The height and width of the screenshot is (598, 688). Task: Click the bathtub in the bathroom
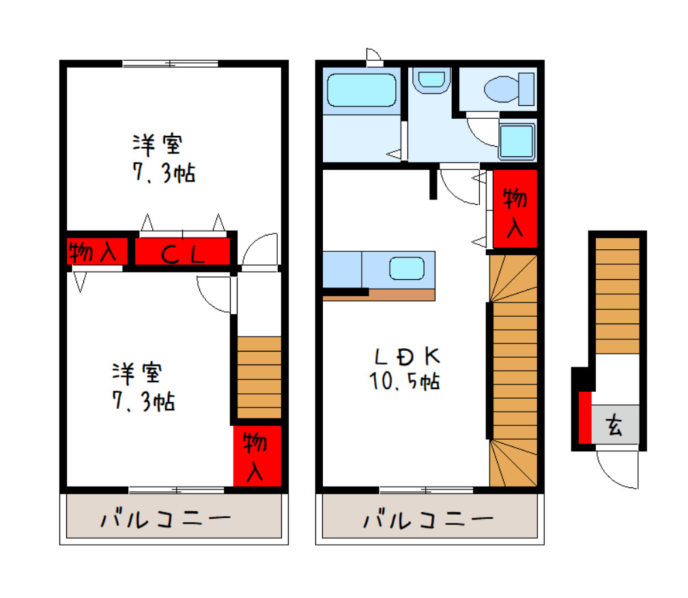tap(362, 90)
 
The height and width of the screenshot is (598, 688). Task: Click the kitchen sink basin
tap(407, 268)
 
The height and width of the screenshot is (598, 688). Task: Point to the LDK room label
tap(407, 356)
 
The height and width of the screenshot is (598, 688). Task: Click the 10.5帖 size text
tap(405, 381)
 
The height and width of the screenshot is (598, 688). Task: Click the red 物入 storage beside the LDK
tap(515, 208)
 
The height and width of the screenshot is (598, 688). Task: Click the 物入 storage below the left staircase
tap(257, 456)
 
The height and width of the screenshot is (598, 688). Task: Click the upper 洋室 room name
tap(158, 145)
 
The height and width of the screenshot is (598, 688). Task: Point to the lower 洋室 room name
tap(138, 373)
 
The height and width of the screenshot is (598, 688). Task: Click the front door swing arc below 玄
tap(618, 470)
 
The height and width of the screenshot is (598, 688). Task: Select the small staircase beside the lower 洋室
tap(259, 377)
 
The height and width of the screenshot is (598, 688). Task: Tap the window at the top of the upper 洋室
tap(170, 64)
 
